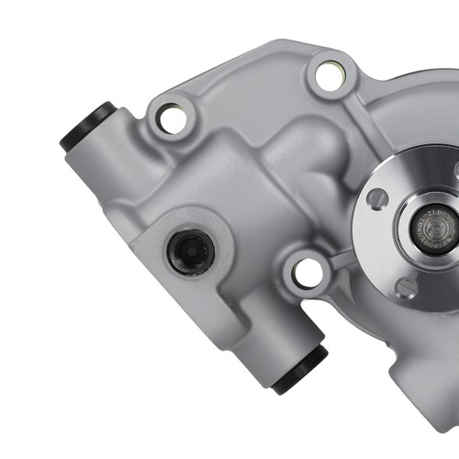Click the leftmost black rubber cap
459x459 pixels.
(x=87, y=127)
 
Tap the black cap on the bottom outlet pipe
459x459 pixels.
(x=301, y=369)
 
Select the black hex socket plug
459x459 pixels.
(x=191, y=251)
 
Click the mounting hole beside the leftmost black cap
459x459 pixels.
(x=171, y=117)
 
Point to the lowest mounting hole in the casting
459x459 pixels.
(x=308, y=272)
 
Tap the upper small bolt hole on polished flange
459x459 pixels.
(x=377, y=198)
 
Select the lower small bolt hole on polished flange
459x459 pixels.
(x=406, y=287)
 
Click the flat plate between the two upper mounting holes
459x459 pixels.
(x=248, y=92)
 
